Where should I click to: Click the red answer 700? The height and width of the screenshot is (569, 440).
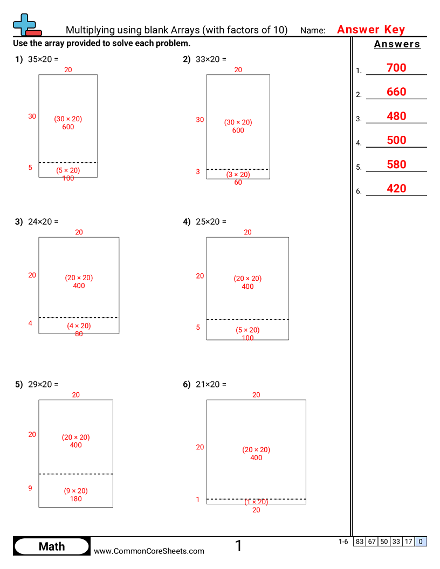[396, 68]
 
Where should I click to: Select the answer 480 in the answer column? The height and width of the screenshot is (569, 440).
[396, 116]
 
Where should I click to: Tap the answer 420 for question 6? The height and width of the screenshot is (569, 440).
[396, 189]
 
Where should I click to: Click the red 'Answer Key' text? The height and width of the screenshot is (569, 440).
[371, 30]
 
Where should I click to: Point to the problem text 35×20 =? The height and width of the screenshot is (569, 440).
[43, 59]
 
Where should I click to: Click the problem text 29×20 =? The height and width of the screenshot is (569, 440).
[43, 384]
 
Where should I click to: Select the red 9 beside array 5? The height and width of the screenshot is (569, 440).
[30, 488]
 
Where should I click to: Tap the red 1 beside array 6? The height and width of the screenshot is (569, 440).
[198, 499]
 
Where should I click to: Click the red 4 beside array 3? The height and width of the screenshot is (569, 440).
[30, 323]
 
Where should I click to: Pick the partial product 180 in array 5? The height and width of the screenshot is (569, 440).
[76, 499]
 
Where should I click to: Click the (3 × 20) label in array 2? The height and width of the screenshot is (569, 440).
[238, 175]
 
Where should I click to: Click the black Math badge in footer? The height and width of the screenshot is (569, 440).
[52, 546]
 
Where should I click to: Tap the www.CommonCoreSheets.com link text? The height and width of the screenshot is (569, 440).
[149, 551]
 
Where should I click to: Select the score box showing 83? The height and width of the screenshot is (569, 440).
[359, 542]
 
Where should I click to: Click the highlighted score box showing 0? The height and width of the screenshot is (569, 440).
[421, 542]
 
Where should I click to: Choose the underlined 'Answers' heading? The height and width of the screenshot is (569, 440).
[397, 44]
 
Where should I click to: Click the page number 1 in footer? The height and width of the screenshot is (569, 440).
[239, 546]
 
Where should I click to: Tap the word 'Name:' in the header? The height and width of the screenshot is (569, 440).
[313, 31]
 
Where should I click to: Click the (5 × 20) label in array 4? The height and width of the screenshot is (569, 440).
[247, 330]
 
